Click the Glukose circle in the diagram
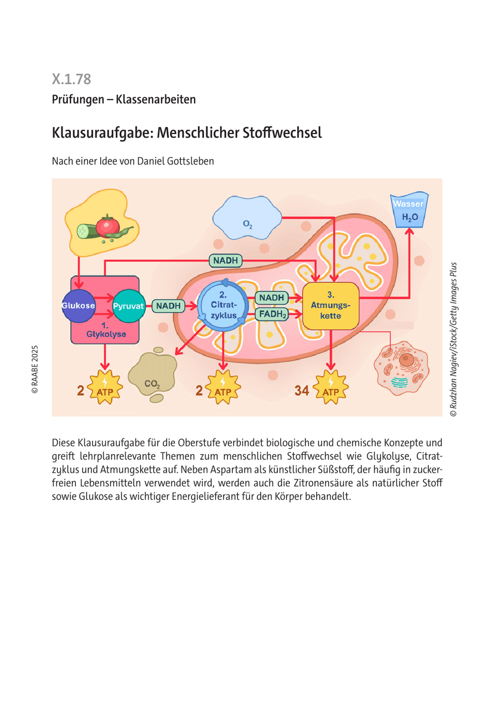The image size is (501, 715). [x=78, y=306]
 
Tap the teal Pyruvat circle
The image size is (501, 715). [x=129, y=306]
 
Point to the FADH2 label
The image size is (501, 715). [x=271, y=313]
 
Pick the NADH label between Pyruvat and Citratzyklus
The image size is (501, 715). [x=168, y=306]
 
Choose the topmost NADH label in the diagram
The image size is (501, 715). [x=225, y=260]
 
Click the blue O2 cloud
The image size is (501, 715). [x=248, y=219]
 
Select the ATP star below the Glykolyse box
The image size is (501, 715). [x=106, y=390]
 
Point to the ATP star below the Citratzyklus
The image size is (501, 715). [x=223, y=390]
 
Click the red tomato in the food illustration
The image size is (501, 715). [x=108, y=226]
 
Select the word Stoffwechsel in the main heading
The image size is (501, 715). [x=282, y=132]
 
